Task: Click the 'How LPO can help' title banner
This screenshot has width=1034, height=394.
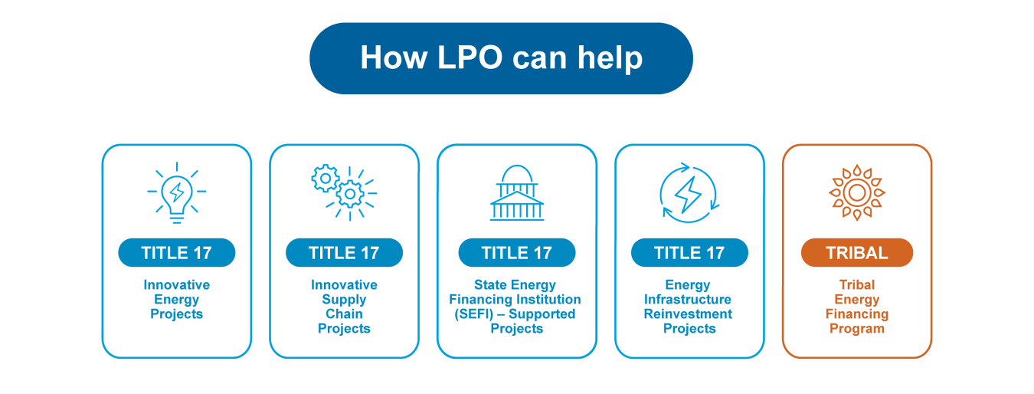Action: [501, 58]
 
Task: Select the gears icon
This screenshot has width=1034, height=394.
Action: [344, 192]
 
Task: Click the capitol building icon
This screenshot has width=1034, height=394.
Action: [517, 192]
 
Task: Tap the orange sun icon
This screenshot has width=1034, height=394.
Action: [856, 192]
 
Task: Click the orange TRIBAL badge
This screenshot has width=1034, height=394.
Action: [856, 253]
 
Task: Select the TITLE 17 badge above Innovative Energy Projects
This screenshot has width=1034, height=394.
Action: [176, 253]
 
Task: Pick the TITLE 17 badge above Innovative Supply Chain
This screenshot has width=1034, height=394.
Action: [344, 253]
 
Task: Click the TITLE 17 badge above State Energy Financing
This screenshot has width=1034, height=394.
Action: [517, 253]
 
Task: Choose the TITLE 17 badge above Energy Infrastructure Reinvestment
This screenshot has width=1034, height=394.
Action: [689, 253]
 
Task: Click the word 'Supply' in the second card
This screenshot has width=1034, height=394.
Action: [344, 300]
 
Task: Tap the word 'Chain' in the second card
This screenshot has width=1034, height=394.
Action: [344, 314]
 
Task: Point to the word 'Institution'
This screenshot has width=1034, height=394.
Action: [543, 300]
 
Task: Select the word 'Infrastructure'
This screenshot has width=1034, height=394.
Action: [688, 300]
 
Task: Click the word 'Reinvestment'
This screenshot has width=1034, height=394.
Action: [688, 314]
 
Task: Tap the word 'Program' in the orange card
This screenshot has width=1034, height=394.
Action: [856, 329]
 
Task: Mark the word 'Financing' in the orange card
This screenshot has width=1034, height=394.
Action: [856, 314]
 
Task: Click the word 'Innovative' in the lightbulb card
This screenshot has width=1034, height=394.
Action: [176, 285]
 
